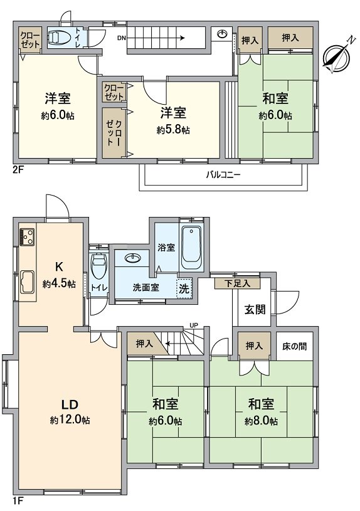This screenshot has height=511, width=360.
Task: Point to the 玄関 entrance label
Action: tap(254, 308)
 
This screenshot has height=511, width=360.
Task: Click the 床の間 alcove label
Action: tap(294, 345)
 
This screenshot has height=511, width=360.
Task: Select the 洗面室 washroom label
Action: tap(146, 288)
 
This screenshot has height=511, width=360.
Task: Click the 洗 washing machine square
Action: tap(184, 290)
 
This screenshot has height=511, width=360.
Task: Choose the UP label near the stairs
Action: tap(194, 325)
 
